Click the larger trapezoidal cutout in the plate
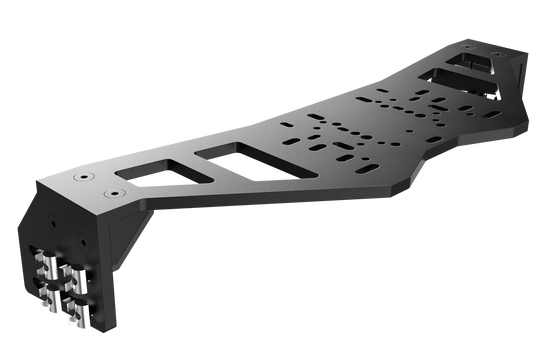tap(244, 158)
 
